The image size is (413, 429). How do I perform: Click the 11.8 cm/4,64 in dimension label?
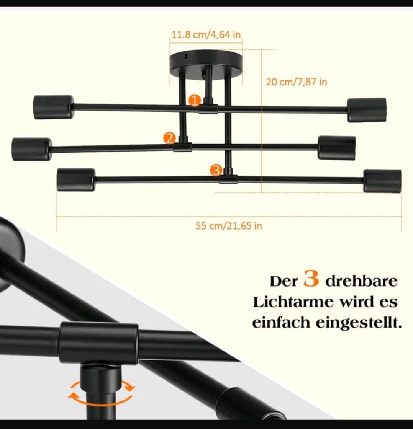(206, 35)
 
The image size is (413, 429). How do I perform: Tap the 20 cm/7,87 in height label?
(297, 82)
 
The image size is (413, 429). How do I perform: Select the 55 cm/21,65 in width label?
(229, 226)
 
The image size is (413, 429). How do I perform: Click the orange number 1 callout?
(195, 101)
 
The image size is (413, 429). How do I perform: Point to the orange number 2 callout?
(169, 139)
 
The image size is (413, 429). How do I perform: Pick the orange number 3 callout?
(216, 170)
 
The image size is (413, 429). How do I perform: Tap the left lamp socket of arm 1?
(54, 107)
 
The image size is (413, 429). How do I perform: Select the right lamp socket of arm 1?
(367, 110)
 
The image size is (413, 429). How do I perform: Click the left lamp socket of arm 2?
(32, 149)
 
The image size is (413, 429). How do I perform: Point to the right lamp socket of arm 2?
(337, 148)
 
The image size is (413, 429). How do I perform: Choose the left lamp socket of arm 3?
(76, 180)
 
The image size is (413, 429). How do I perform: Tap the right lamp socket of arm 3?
(382, 181)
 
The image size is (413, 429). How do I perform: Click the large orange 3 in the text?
(311, 278)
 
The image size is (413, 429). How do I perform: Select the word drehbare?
(361, 281)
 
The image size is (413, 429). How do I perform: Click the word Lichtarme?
(293, 302)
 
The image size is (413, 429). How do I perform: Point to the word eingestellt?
(359, 323)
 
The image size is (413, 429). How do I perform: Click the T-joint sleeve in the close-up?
(98, 343)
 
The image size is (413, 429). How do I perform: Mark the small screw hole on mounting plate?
(186, 56)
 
